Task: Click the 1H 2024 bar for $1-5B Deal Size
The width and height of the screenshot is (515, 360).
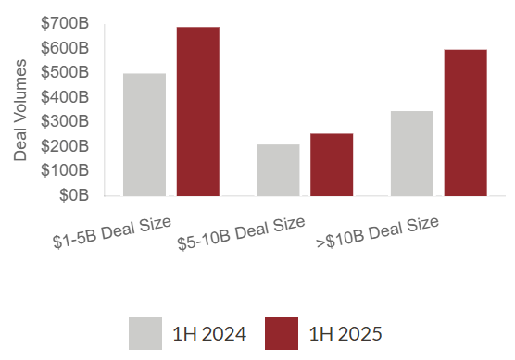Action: point(144,134)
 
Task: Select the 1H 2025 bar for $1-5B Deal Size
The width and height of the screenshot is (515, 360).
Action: point(197,111)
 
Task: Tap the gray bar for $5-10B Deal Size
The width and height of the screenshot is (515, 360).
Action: point(278,170)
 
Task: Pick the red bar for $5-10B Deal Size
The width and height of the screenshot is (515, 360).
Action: point(332,165)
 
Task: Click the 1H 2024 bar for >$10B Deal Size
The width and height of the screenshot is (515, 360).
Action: point(412,154)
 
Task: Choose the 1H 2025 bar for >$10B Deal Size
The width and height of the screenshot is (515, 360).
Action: point(465,122)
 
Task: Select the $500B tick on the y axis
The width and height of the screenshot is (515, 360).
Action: point(65,72)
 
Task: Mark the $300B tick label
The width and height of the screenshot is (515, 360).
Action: point(65,121)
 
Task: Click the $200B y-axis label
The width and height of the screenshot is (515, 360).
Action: point(65,146)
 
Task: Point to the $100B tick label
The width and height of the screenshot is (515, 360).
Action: point(65,170)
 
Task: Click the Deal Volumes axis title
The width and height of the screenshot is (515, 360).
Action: point(20,109)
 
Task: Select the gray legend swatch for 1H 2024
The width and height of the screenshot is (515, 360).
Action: point(145,333)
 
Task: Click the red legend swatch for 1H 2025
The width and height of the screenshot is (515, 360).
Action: point(282,333)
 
